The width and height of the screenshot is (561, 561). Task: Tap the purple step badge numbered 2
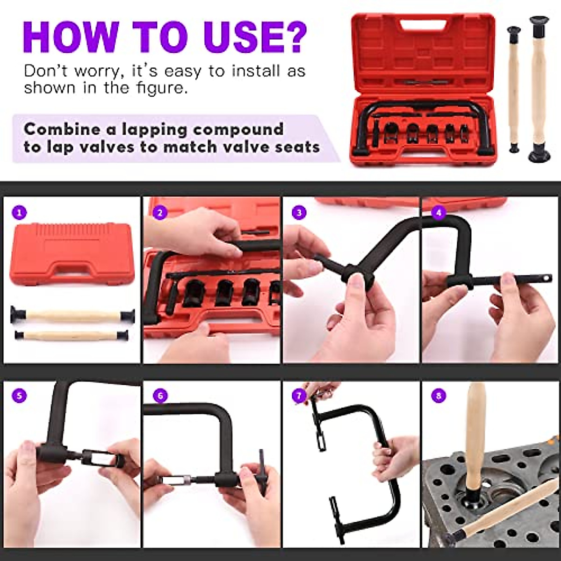(x=160, y=213)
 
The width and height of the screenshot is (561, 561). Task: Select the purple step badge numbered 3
(x=299, y=213)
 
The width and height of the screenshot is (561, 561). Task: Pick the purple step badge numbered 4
(x=438, y=213)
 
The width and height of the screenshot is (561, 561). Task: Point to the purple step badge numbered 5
(x=19, y=396)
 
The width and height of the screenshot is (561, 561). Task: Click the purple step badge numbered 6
(x=160, y=396)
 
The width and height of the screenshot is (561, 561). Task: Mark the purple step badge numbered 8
(x=438, y=396)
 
